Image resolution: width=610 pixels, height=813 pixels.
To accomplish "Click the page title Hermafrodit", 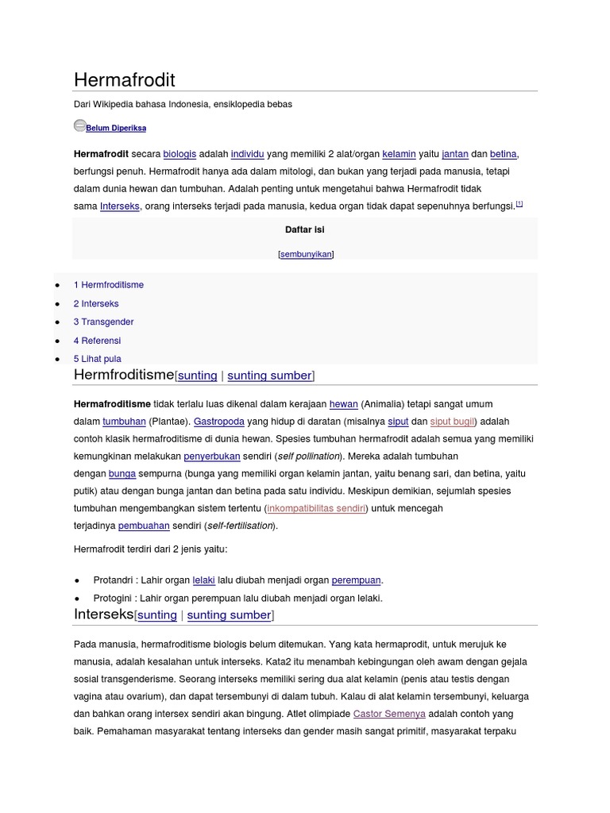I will pyautogui.click(x=124, y=79).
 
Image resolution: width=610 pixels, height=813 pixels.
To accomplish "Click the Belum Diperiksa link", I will pyautogui.click(x=116, y=128).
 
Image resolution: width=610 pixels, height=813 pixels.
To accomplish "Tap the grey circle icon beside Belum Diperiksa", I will pyautogui.click(x=79, y=125).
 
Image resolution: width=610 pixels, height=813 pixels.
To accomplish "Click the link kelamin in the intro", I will pyautogui.click(x=399, y=154).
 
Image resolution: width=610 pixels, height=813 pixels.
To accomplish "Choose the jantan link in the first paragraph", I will pyautogui.click(x=455, y=154).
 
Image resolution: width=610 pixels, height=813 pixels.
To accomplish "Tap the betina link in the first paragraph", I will pyautogui.click(x=504, y=154).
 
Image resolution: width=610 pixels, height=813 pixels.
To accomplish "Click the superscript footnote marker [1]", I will pyautogui.click(x=519, y=204).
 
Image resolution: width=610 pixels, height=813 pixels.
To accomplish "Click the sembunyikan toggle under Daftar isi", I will pyautogui.click(x=306, y=254).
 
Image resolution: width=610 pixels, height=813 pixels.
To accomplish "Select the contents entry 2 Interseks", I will pyautogui.click(x=96, y=303).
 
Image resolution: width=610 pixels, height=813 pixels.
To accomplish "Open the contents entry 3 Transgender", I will pyautogui.click(x=103, y=322).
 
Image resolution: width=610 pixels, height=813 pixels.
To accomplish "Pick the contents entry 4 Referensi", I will pyautogui.click(x=97, y=341).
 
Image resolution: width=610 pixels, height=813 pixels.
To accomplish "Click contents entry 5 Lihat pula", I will pyautogui.click(x=97, y=359).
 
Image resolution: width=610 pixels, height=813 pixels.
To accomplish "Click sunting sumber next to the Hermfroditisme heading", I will pyautogui.click(x=269, y=376).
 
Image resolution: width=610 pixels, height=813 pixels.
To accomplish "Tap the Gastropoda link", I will pyautogui.click(x=219, y=422).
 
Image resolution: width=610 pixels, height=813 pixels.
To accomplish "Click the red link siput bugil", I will pyautogui.click(x=452, y=422).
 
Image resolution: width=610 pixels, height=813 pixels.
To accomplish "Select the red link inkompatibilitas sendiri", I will pyautogui.click(x=316, y=508).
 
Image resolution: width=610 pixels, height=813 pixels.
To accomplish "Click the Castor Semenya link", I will pyautogui.click(x=389, y=714).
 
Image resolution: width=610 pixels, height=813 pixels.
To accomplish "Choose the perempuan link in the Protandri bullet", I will pyautogui.click(x=356, y=580).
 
